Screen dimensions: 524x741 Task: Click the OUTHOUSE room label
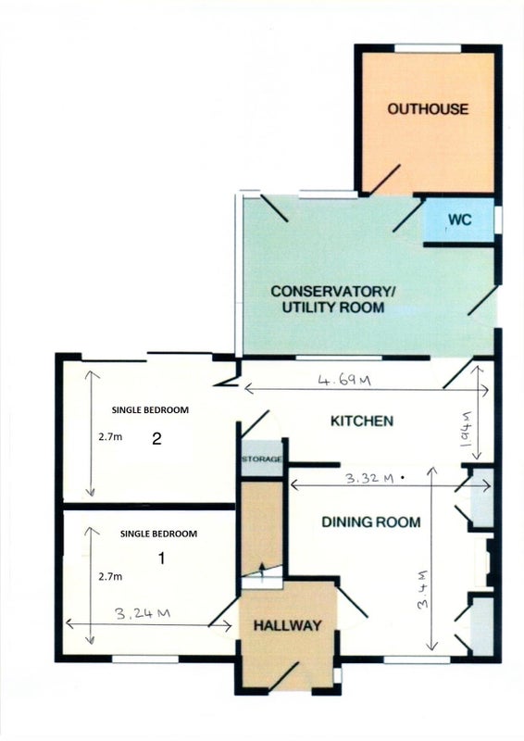tap(428, 109)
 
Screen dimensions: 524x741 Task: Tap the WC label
tap(459, 220)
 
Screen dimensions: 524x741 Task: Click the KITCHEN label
tap(361, 421)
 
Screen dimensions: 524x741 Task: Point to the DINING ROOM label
tap(371, 522)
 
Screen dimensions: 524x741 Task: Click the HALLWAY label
tap(287, 626)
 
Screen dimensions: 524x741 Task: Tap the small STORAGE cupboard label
tap(262, 458)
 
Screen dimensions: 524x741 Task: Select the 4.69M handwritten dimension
tap(344, 380)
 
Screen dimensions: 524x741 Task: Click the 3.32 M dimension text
tap(369, 478)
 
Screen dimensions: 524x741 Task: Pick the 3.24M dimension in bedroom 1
tap(143, 613)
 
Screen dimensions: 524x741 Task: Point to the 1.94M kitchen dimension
tap(466, 430)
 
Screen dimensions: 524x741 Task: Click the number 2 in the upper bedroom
tap(156, 439)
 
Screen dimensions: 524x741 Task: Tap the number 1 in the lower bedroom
tap(162, 559)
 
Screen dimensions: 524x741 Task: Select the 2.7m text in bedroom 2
tap(110, 437)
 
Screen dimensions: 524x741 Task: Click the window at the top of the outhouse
tap(428, 48)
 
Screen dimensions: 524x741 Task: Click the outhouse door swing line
tap(384, 180)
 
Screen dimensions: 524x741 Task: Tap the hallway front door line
tap(283, 678)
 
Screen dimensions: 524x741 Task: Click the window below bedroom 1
tap(145, 659)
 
